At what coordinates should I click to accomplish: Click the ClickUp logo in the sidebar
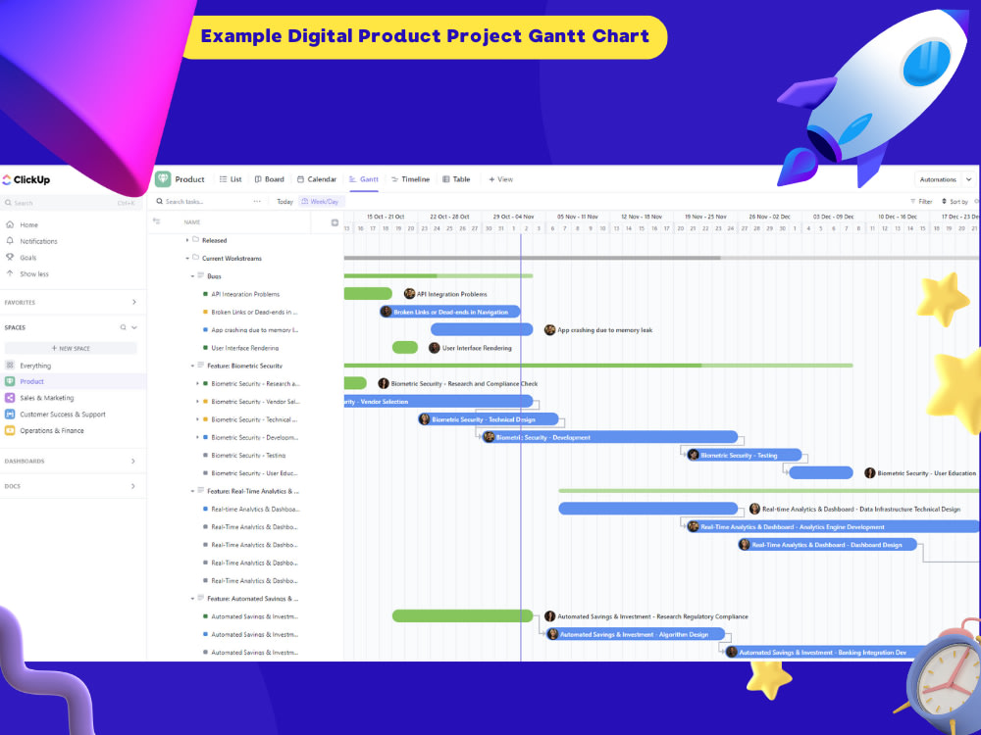click(26, 180)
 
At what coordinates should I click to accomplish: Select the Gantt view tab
click(364, 179)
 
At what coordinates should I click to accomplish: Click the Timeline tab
click(410, 179)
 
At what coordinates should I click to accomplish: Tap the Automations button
click(939, 179)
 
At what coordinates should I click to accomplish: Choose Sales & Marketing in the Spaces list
click(46, 398)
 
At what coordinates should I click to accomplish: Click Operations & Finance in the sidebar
click(51, 430)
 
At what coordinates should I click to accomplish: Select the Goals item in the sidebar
click(28, 258)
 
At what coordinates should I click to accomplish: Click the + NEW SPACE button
click(71, 348)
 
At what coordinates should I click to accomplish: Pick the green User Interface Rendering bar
click(405, 348)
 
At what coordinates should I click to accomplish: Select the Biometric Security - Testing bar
click(743, 455)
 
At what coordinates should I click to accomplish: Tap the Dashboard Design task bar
click(828, 545)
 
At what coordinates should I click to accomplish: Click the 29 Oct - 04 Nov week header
click(514, 217)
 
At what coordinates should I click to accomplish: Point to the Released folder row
click(214, 240)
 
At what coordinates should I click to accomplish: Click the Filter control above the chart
click(921, 201)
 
